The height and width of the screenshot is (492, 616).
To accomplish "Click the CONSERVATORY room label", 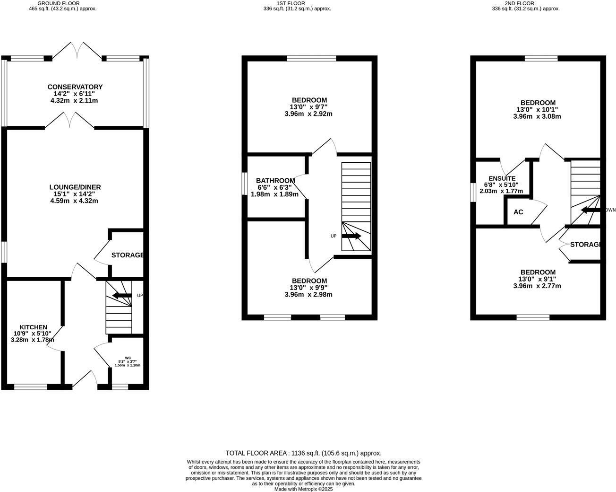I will pos(75,87).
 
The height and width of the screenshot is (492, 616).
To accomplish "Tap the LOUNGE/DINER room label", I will pos(75,187).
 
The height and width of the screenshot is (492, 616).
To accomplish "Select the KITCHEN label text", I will pos(33,327).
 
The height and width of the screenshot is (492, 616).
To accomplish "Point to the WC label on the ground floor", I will pos(128,358).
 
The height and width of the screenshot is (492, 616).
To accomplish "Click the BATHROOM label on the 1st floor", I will pos(275,180).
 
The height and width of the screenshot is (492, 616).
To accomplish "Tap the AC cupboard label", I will pos(518,212).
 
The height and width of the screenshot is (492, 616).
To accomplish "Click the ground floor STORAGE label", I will pos(128,255).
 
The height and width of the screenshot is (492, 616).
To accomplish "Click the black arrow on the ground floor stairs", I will pos(122,296).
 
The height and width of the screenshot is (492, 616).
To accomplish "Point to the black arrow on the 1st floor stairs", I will pos(351,236).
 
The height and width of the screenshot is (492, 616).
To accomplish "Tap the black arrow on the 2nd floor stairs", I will pos(590,210).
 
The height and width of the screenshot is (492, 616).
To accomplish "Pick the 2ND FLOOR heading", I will pos(525,3).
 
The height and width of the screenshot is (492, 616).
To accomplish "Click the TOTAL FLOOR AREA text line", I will pos(303,453).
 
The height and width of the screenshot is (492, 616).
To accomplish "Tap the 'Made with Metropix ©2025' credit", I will pos(303,489).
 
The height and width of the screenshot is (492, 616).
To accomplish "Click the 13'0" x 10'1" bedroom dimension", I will pos(538,109).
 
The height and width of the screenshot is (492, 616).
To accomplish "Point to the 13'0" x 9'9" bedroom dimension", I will pos(308,288).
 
